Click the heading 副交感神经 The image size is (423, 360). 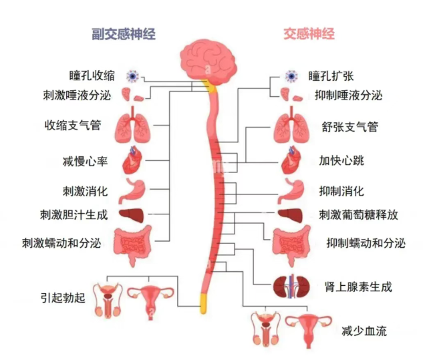124,33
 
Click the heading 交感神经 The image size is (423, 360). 309,33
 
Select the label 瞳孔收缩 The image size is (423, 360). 92,75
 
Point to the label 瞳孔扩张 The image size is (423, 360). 332,75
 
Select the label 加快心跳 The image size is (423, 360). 341,161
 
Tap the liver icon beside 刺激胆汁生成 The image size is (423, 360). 132,215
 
